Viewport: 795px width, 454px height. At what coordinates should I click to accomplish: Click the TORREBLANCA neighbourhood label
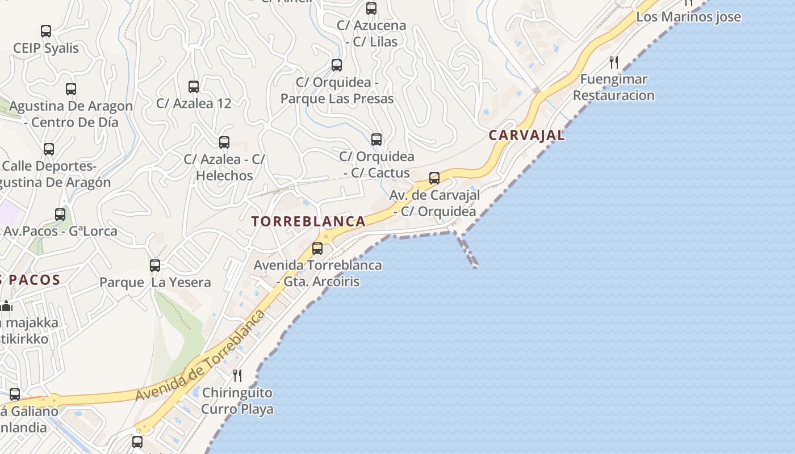(x=309, y=221)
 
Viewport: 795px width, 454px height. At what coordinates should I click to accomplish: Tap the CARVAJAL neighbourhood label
(x=527, y=135)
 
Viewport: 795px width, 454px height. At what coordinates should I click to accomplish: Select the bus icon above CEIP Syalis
(x=46, y=31)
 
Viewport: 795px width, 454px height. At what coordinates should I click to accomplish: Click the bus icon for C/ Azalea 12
(x=194, y=87)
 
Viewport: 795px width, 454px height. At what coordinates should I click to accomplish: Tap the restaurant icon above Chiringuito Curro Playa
(x=237, y=375)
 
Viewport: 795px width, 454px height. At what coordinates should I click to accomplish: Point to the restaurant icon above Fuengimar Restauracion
(x=613, y=62)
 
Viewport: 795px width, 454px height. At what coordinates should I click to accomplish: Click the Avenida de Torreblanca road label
(x=200, y=356)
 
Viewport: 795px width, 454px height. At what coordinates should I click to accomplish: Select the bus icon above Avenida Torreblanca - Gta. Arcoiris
(x=317, y=248)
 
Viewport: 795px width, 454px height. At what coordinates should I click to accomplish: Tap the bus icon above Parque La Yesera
(x=155, y=265)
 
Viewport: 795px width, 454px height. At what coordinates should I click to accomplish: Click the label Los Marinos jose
(x=688, y=17)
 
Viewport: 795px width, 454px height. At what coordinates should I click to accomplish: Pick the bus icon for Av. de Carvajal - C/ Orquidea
(x=434, y=178)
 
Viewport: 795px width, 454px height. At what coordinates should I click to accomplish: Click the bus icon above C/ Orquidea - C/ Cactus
(x=376, y=140)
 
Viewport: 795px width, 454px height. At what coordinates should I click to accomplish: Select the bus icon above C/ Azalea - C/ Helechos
(x=224, y=142)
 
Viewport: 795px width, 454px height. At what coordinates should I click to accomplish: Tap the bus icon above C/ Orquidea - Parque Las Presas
(x=337, y=65)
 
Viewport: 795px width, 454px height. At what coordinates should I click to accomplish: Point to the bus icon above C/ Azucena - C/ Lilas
(x=371, y=9)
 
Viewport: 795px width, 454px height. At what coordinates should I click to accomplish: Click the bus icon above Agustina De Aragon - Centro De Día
(x=71, y=89)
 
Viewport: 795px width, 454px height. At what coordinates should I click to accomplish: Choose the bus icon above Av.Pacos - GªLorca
(x=60, y=215)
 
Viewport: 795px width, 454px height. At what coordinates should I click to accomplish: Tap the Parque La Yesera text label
(x=155, y=282)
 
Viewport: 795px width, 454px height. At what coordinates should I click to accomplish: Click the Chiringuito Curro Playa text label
(x=237, y=401)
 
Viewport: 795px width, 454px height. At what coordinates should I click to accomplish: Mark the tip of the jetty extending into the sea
(x=475, y=266)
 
